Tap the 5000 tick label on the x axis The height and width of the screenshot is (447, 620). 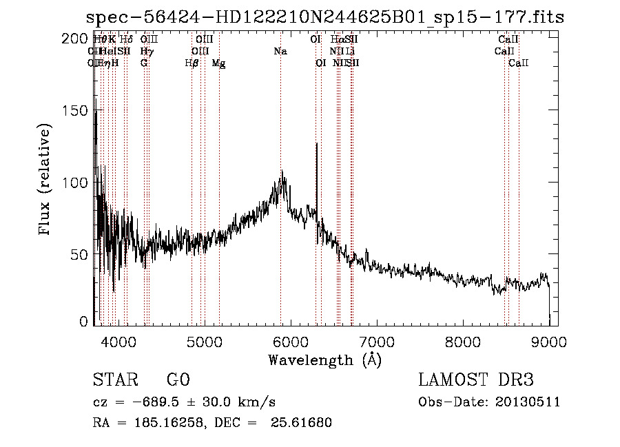pyautogui.click(x=205, y=341)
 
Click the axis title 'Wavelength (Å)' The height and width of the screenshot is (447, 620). pyautogui.click(x=324, y=360)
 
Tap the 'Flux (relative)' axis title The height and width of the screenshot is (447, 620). pyautogui.click(x=46, y=181)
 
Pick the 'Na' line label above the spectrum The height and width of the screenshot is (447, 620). pyautogui.click(x=280, y=52)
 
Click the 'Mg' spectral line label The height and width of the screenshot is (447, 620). pyautogui.click(x=219, y=63)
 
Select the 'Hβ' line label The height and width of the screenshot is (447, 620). pyautogui.click(x=192, y=63)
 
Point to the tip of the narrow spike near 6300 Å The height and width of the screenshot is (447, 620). pyautogui.click(x=316, y=143)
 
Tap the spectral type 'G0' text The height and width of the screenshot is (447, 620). pyautogui.click(x=178, y=380)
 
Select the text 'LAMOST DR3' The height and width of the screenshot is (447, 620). pyautogui.click(x=475, y=380)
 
